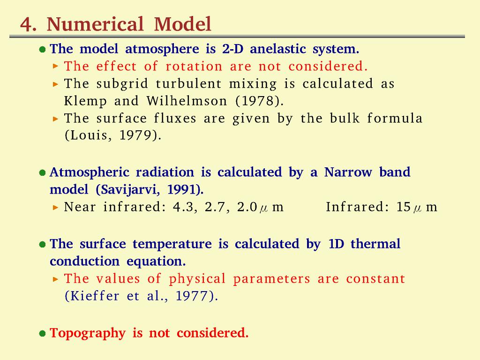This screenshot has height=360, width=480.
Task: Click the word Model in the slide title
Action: coord(183,24)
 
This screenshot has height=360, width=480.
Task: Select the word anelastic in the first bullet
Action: coord(278,49)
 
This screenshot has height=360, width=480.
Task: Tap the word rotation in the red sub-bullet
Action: coord(194,67)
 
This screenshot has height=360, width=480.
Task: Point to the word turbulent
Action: coord(188,83)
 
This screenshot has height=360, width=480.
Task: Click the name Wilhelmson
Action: coord(187,101)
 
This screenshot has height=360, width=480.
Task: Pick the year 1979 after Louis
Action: coord(135,135)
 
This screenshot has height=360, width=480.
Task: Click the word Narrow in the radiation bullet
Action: coord(348,172)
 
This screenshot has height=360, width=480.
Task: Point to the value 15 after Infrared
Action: coord(403,207)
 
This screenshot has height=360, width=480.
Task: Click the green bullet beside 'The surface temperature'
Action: coord(43,244)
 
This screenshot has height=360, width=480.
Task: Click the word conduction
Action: coord(84,262)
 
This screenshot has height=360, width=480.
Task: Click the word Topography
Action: coord(88,333)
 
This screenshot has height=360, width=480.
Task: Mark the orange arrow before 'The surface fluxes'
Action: coord(55,119)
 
